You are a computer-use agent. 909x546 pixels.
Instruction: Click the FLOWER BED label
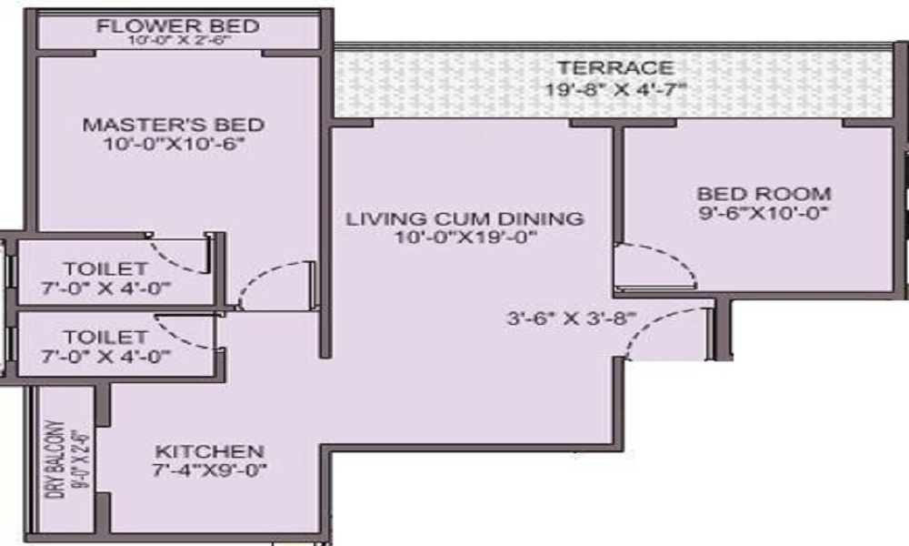177,25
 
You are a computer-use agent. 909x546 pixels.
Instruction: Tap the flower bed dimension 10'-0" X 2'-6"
177,42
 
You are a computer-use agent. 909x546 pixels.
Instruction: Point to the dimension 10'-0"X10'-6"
175,144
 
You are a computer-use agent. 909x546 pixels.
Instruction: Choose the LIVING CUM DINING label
464,219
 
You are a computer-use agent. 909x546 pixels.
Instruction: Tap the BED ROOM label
764,194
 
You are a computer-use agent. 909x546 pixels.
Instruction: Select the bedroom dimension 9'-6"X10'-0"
764,214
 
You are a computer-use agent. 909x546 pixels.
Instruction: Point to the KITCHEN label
209,452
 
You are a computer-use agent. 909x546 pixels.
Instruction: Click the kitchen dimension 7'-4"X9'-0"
211,471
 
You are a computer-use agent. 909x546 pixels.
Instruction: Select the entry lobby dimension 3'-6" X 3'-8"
572,319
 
